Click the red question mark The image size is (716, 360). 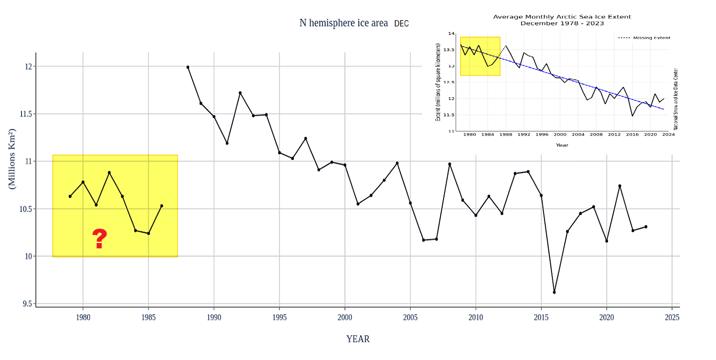tap(99, 239)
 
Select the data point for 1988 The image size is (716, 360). tap(188, 67)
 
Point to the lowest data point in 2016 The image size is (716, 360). tap(554, 292)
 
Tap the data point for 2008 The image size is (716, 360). tap(449, 164)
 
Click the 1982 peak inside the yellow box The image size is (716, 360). tap(109, 173)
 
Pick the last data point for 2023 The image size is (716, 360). tap(646, 227)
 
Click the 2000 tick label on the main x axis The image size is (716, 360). tap(345, 317)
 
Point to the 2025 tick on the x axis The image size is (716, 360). tap(672, 317)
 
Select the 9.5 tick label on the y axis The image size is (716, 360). tap(27, 304)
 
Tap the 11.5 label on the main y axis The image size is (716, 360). tap(26, 114)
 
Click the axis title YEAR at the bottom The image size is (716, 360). tap(358, 339)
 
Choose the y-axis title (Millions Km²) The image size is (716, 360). tap(12, 159)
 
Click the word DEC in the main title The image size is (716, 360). tap(401, 24)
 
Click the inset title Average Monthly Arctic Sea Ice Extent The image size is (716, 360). tap(562, 17)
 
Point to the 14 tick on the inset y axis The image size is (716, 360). tap(451, 34)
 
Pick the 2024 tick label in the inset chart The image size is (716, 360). tap(668, 134)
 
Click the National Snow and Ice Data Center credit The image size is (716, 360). tap(676, 99)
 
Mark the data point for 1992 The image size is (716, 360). tap(240, 93)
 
